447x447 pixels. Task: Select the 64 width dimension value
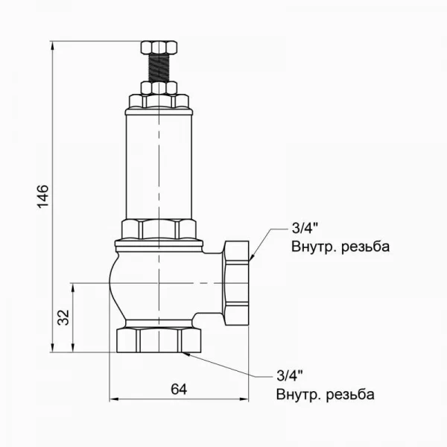179,389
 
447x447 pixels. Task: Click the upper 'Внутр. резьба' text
340,247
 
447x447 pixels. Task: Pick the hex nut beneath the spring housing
159,229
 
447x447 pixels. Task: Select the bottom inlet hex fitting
159,339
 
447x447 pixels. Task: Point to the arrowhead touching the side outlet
254,257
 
